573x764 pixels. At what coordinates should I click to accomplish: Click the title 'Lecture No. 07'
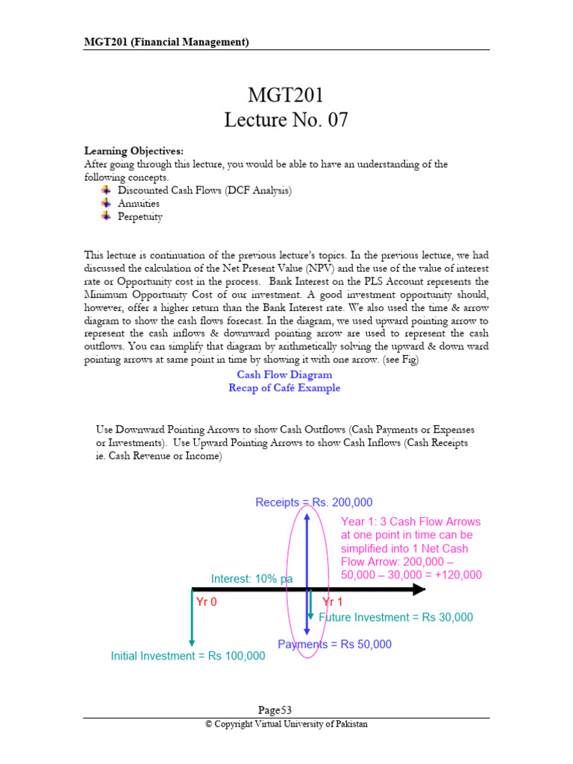click(x=286, y=120)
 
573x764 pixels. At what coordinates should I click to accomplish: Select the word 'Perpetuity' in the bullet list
click(x=140, y=217)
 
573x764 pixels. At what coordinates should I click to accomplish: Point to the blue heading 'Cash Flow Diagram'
click(x=284, y=375)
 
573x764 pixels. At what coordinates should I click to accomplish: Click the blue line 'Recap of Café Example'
click(x=284, y=388)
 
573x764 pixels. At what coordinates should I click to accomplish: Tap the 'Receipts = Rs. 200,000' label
click(x=313, y=503)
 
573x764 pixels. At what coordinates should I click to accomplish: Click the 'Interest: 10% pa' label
click(x=251, y=578)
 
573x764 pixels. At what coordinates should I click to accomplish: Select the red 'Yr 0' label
click(x=206, y=602)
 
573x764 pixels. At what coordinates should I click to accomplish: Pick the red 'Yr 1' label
click(x=333, y=602)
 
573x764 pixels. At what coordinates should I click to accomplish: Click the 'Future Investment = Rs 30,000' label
click(x=395, y=618)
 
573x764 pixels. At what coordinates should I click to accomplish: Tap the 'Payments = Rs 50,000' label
click(x=334, y=645)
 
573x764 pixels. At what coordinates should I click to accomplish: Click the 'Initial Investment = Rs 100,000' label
click(x=188, y=657)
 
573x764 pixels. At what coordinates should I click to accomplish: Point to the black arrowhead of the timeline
click(x=419, y=589)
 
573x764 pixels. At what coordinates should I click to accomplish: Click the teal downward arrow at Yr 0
click(x=192, y=619)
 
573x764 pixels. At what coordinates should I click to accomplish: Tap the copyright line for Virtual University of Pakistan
click(x=286, y=724)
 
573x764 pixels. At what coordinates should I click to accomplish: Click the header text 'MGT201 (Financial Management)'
click(x=166, y=42)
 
